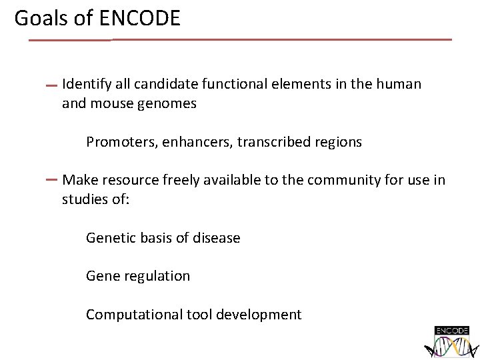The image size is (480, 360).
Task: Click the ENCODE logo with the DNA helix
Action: click(x=452, y=341)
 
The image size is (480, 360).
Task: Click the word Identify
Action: click(x=85, y=84)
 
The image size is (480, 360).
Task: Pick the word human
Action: click(x=399, y=84)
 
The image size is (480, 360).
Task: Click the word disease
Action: click(x=216, y=238)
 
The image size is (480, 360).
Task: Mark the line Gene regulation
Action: click(x=138, y=276)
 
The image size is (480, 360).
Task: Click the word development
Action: click(x=260, y=314)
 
